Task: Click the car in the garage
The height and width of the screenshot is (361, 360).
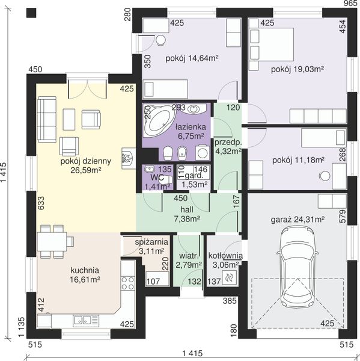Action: pos(297,267)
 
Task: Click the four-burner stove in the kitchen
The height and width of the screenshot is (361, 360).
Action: pos(127,283)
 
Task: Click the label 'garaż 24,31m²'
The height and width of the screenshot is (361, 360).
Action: pos(297,220)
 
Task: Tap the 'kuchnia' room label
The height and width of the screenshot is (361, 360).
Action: pos(85,270)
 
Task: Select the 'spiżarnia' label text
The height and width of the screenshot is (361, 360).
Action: pos(151,242)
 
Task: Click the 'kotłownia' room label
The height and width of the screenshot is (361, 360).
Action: pos(225,256)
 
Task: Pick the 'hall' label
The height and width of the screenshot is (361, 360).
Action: pos(187,209)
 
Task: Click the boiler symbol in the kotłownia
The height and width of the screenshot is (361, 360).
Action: pos(229,277)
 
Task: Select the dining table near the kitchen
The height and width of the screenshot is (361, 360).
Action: pos(52,242)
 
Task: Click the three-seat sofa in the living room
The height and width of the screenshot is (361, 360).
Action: pos(47,119)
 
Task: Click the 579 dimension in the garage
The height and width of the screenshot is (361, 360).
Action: pos(343,216)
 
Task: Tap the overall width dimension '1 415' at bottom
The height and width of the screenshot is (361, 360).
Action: pos(192,353)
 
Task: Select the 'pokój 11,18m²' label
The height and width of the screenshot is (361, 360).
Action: pos(298,160)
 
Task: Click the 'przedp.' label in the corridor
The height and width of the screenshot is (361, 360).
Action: pos(228,143)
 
